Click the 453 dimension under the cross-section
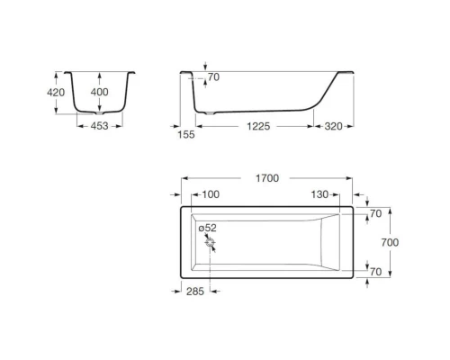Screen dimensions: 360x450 pos(100,127)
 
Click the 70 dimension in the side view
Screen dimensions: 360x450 pos(213,78)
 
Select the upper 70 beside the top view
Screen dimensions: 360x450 pos(376,214)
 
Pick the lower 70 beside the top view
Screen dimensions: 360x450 pos(376,271)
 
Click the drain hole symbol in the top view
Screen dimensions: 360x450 pos(211,243)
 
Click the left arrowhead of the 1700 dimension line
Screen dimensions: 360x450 pos(184,178)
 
